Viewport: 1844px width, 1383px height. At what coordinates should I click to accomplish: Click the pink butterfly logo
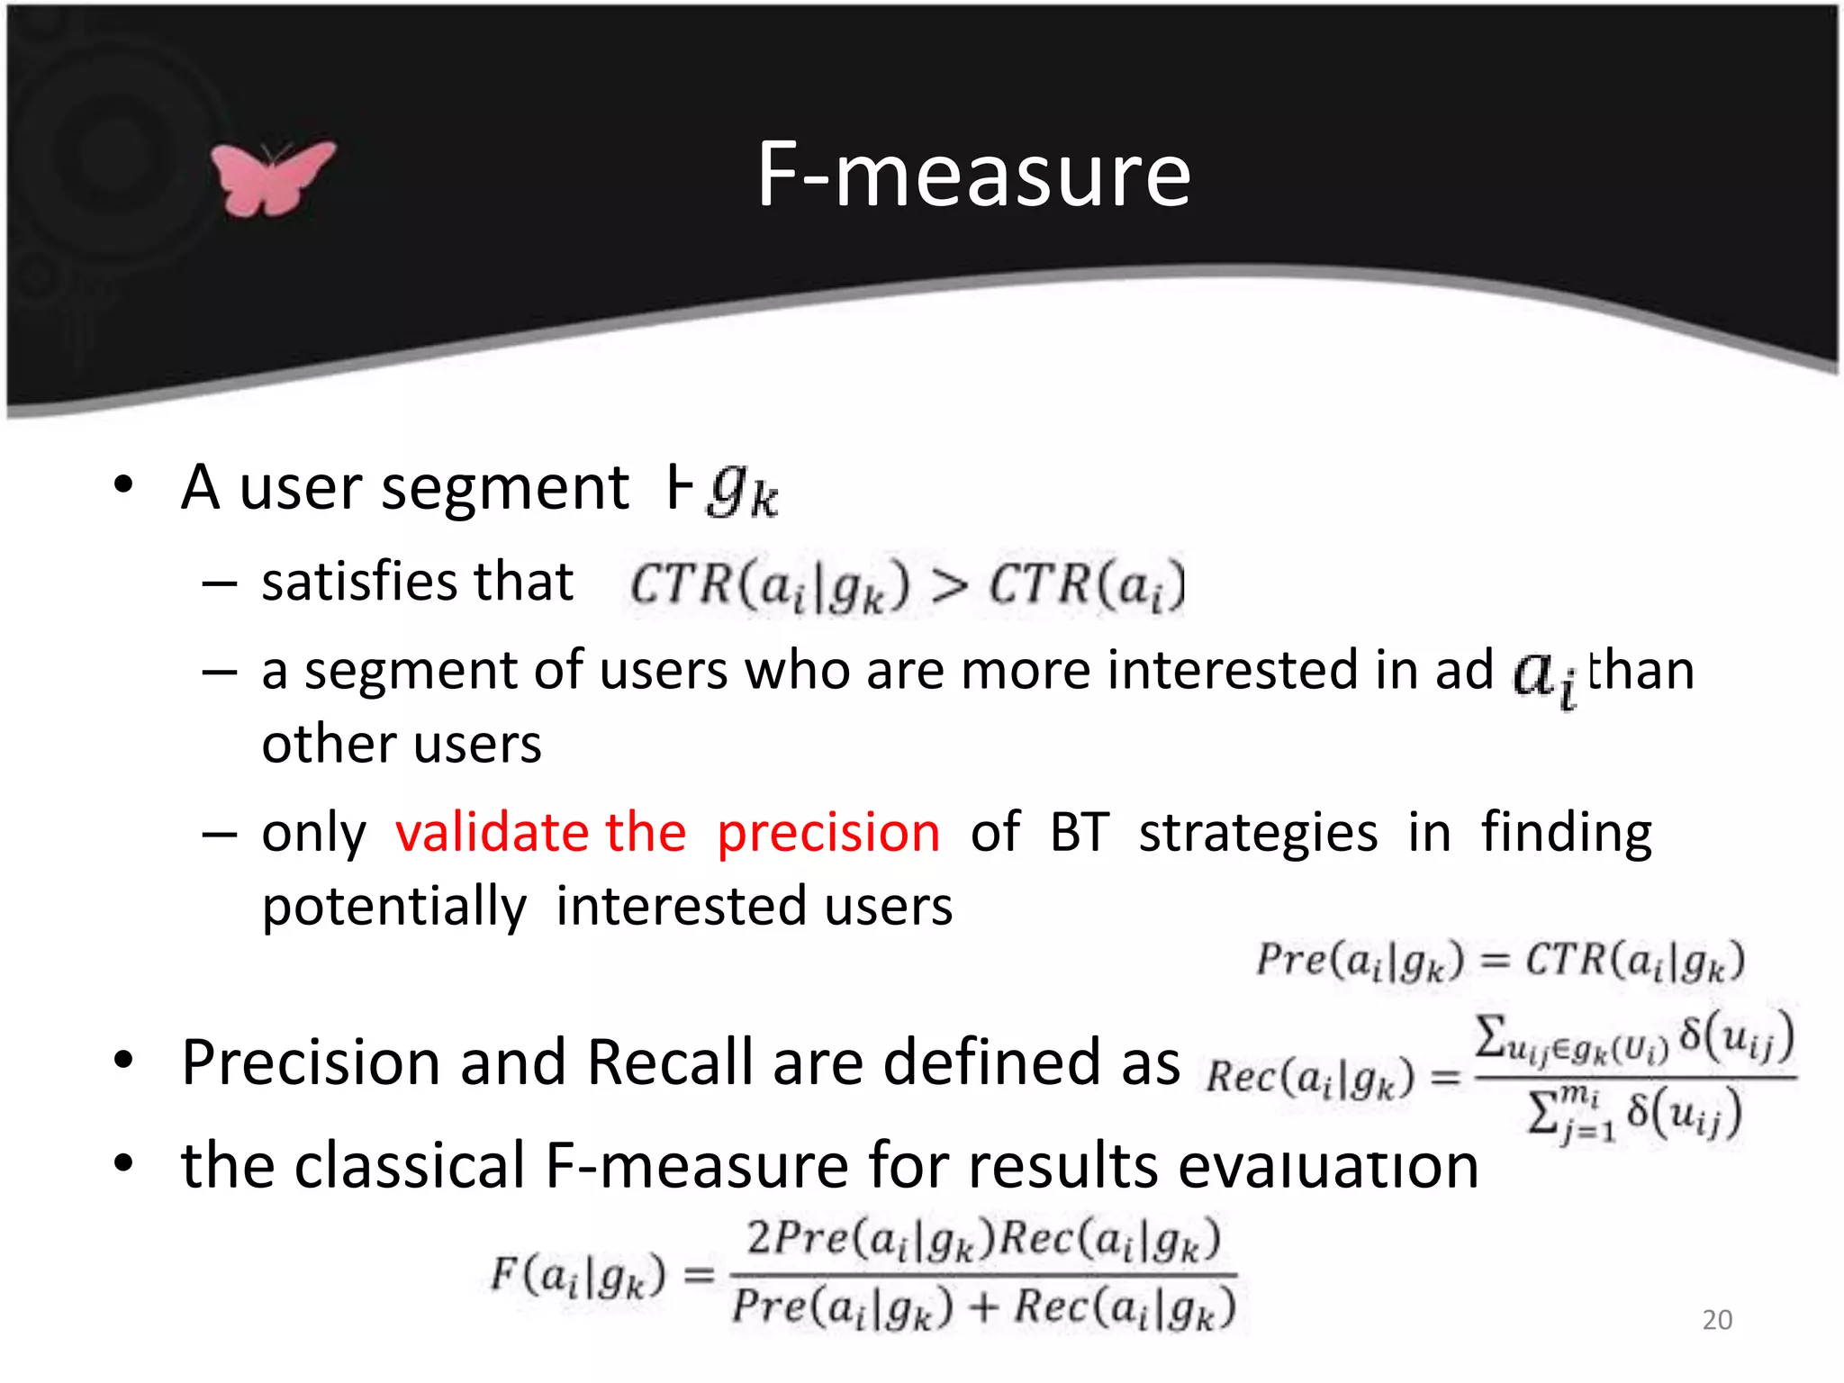pyautogui.click(x=271, y=178)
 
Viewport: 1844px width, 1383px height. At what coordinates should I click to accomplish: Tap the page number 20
pyautogui.click(x=1717, y=1319)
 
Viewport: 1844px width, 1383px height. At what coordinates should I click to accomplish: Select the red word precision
pyautogui.click(x=828, y=832)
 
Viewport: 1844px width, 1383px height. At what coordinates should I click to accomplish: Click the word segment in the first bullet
pyautogui.click(x=505, y=488)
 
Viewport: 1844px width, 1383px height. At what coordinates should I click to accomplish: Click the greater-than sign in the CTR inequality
pyautogui.click(x=949, y=586)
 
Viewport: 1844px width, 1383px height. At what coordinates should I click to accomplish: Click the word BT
pyautogui.click(x=1079, y=832)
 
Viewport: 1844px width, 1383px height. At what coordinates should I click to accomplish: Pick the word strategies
pyautogui.click(x=1258, y=834)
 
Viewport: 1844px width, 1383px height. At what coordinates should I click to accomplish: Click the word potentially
pyautogui.click(x=393, y=907)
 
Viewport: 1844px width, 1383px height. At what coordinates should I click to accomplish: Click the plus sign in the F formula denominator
pyautogui.click(x=984, y=1307)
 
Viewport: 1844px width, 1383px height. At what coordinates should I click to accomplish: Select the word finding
pyautogui.click(x=1566, y=834)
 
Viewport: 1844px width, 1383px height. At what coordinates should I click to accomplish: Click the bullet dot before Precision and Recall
pyautogui.click(x=123, y=1061)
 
